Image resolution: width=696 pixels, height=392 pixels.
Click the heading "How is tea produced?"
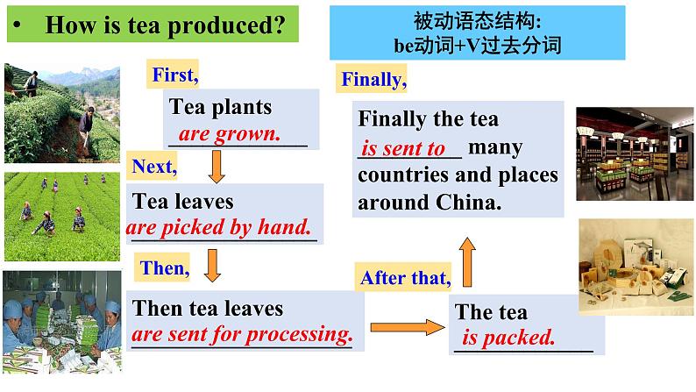[x=165, y=26]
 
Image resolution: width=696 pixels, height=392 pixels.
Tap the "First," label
[x=175, y=75]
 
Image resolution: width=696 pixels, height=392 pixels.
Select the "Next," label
[x=154, y=165]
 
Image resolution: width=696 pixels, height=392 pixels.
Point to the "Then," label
[x=165, y=269]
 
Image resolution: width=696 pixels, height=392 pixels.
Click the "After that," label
[x=405, y=279]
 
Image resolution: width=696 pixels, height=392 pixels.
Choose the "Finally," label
[x=373, y=81]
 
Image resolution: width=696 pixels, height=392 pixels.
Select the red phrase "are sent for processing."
[x=242, y=335]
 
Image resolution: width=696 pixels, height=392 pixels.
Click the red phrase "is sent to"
[x=403, y=149]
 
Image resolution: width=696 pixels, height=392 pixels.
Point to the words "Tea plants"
[x=220, y=108]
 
